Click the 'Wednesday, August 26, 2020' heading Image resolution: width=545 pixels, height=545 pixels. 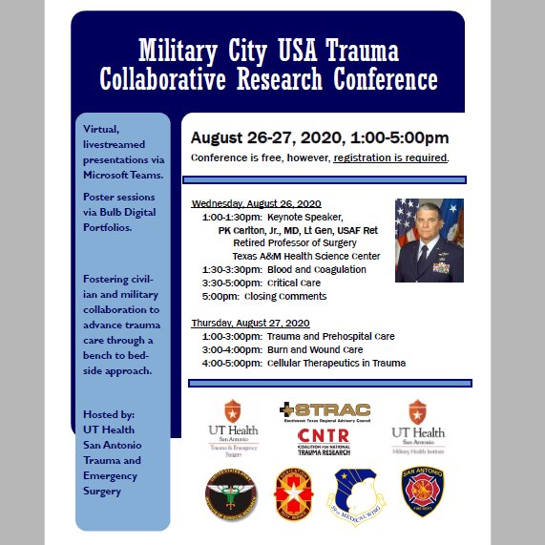pyautogui.click(x=256, y=203)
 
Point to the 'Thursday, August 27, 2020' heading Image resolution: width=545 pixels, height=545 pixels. pyautogui.click(x=250, y=324)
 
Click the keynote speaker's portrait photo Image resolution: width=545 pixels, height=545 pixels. pyautogui.click(x=429, y=241)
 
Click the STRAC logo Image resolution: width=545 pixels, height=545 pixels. pyautogui.click(x=325, y=411)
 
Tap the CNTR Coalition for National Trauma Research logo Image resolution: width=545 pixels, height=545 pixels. pyautogui.click(x=324, y=441)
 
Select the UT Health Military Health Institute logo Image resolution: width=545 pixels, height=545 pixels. pyautogui.click(x=418, y=426)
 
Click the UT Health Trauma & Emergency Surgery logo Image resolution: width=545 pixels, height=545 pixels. pyautogui.click(x=233, y=426)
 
